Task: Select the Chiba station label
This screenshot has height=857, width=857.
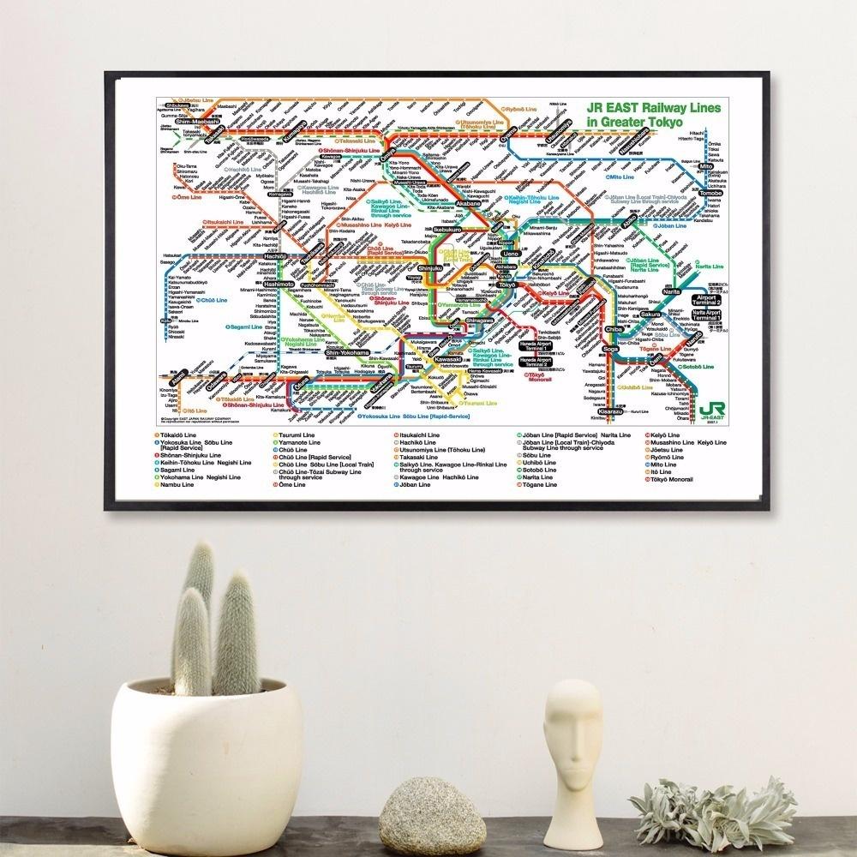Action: click(x=614, y=329)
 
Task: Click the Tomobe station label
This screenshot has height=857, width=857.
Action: click(x=711, y=194)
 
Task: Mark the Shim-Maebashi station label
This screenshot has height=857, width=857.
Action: click(x=194, y=122)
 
